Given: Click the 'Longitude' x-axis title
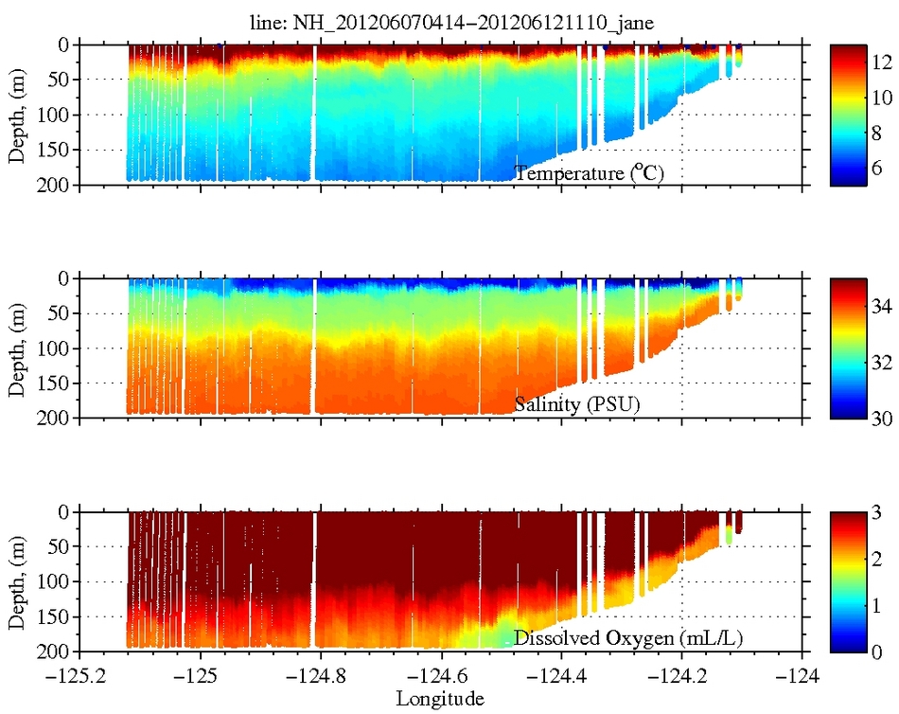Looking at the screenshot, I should (x=440, y=699).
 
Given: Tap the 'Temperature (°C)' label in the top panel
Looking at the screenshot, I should (x=593, y=173).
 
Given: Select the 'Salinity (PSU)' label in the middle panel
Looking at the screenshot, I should (x=577, y=405).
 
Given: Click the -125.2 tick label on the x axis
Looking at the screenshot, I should (x=79, y=678).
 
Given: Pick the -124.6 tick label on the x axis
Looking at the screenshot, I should (x=440, y=678).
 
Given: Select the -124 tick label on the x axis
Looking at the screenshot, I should (x=802, y=678).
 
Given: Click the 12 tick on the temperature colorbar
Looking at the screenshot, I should (x=882, y=62).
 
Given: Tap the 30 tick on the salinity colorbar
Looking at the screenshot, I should (x=882, y=417).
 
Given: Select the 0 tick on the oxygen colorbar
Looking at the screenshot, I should (x=877, y=652).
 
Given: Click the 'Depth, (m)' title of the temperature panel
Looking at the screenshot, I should (x=18, y=114).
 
